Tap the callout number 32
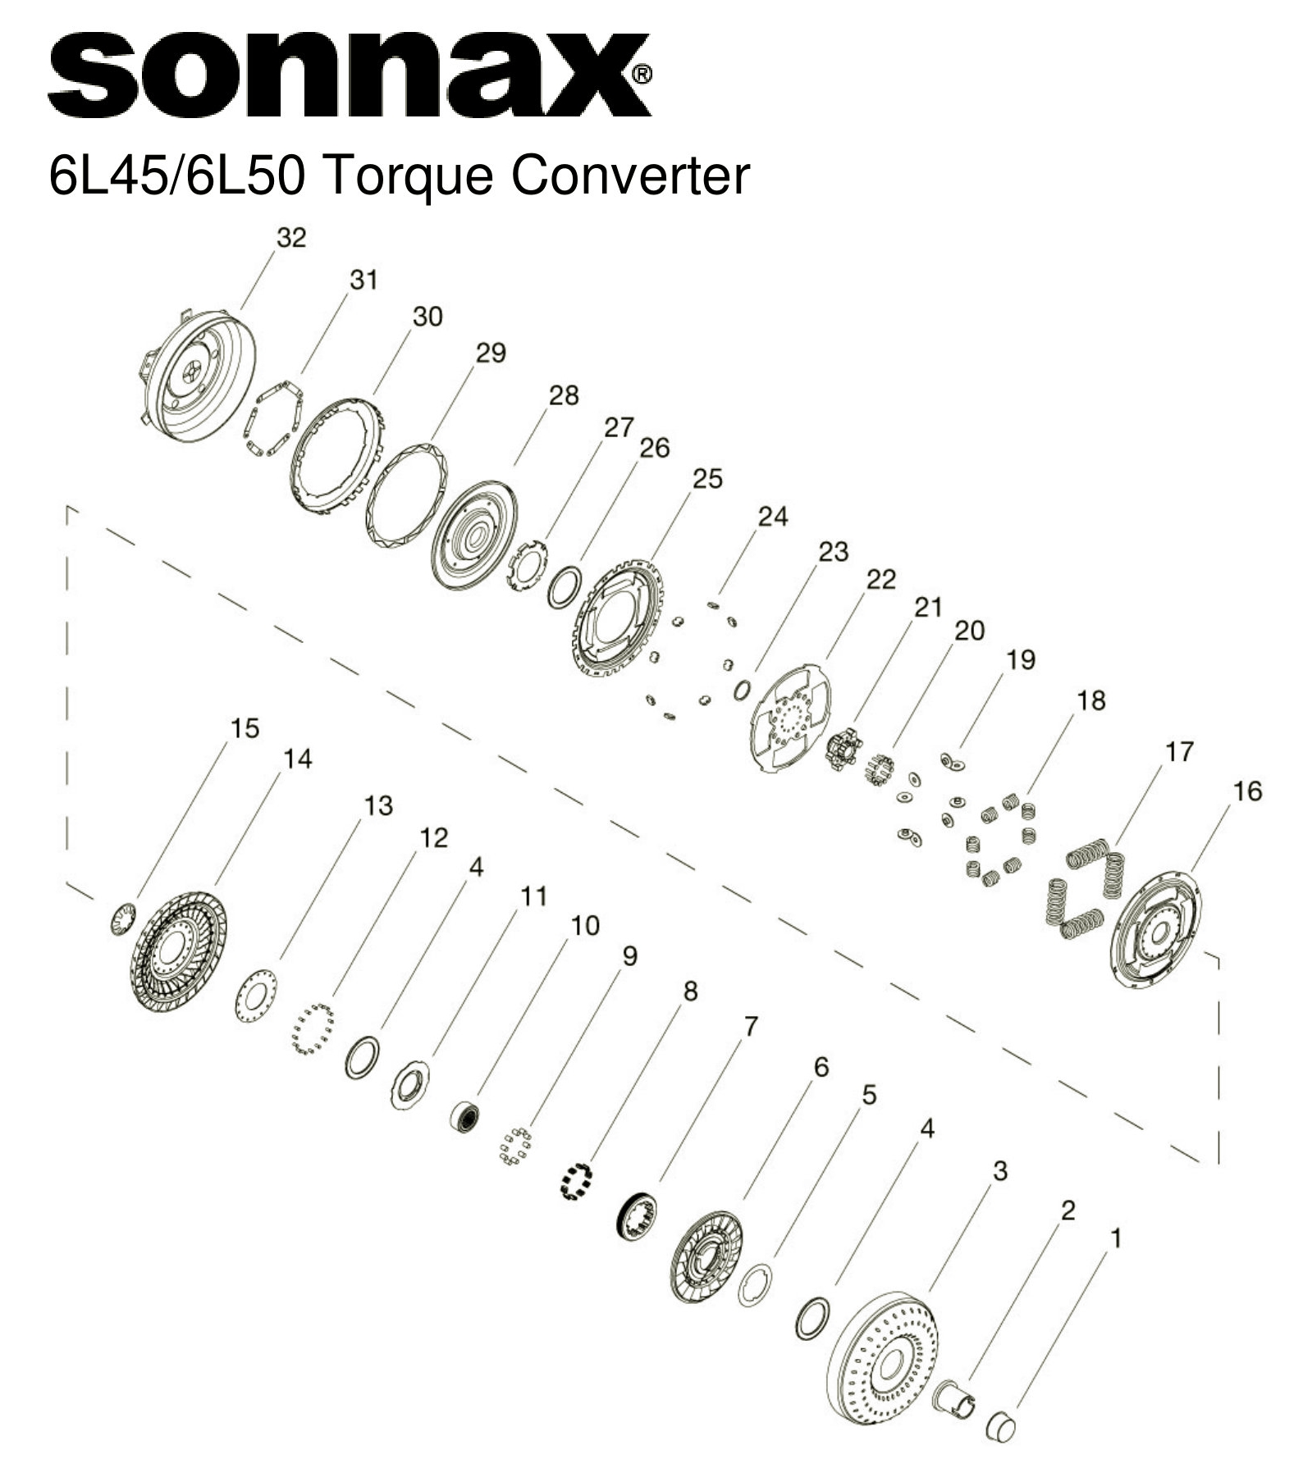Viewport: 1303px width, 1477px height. pyautogui.click(x=291, y=238)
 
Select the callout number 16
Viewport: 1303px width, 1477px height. pyautogui.click(x=1246, y=791)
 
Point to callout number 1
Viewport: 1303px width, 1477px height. pyautogui.click(x=1113, y=1238)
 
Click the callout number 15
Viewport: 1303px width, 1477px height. pyautogui.click(x=245, y=728)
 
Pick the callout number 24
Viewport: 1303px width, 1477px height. pyautogui.click(x=772, y=517)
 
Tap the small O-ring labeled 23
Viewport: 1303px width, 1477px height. pyautogui.click(x=741, y=690)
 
